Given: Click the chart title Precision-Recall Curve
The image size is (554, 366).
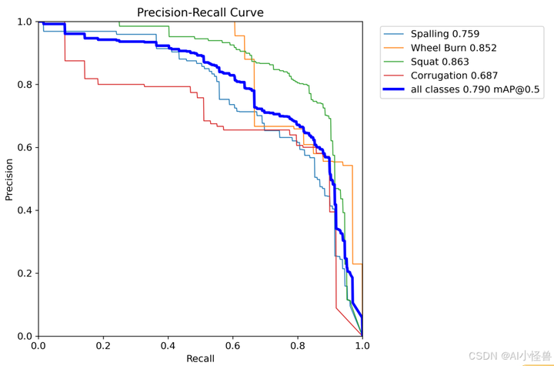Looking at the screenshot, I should [200, 12].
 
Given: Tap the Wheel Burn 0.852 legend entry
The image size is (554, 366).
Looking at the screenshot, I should [453, 48].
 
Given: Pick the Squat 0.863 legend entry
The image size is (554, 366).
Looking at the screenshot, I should [440, 62].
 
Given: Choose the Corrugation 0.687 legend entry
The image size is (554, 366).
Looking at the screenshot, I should [454, 76].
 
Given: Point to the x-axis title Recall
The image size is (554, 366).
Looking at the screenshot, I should [200, 358].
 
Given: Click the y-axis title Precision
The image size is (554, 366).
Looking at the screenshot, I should [9, 180].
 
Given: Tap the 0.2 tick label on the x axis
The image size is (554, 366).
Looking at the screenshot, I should [103, 345].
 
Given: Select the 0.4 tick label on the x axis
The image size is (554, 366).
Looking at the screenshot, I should [168, 345].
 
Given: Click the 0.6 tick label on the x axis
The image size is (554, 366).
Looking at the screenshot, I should [232, 345].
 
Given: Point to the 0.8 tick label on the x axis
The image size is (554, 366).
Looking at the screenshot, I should [297, 345].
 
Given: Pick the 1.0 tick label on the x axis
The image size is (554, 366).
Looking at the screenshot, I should [362, 345].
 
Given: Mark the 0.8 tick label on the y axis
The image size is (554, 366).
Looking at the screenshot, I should [24, 85].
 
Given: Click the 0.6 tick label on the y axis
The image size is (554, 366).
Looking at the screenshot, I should [24, 148].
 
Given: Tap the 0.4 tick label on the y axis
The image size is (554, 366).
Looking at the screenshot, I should [24, 210].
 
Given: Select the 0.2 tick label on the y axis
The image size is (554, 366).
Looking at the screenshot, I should [24, 274].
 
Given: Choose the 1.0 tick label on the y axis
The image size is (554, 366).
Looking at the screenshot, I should [24, 22].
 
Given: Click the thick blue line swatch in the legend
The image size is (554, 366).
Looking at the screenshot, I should [394, 89].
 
